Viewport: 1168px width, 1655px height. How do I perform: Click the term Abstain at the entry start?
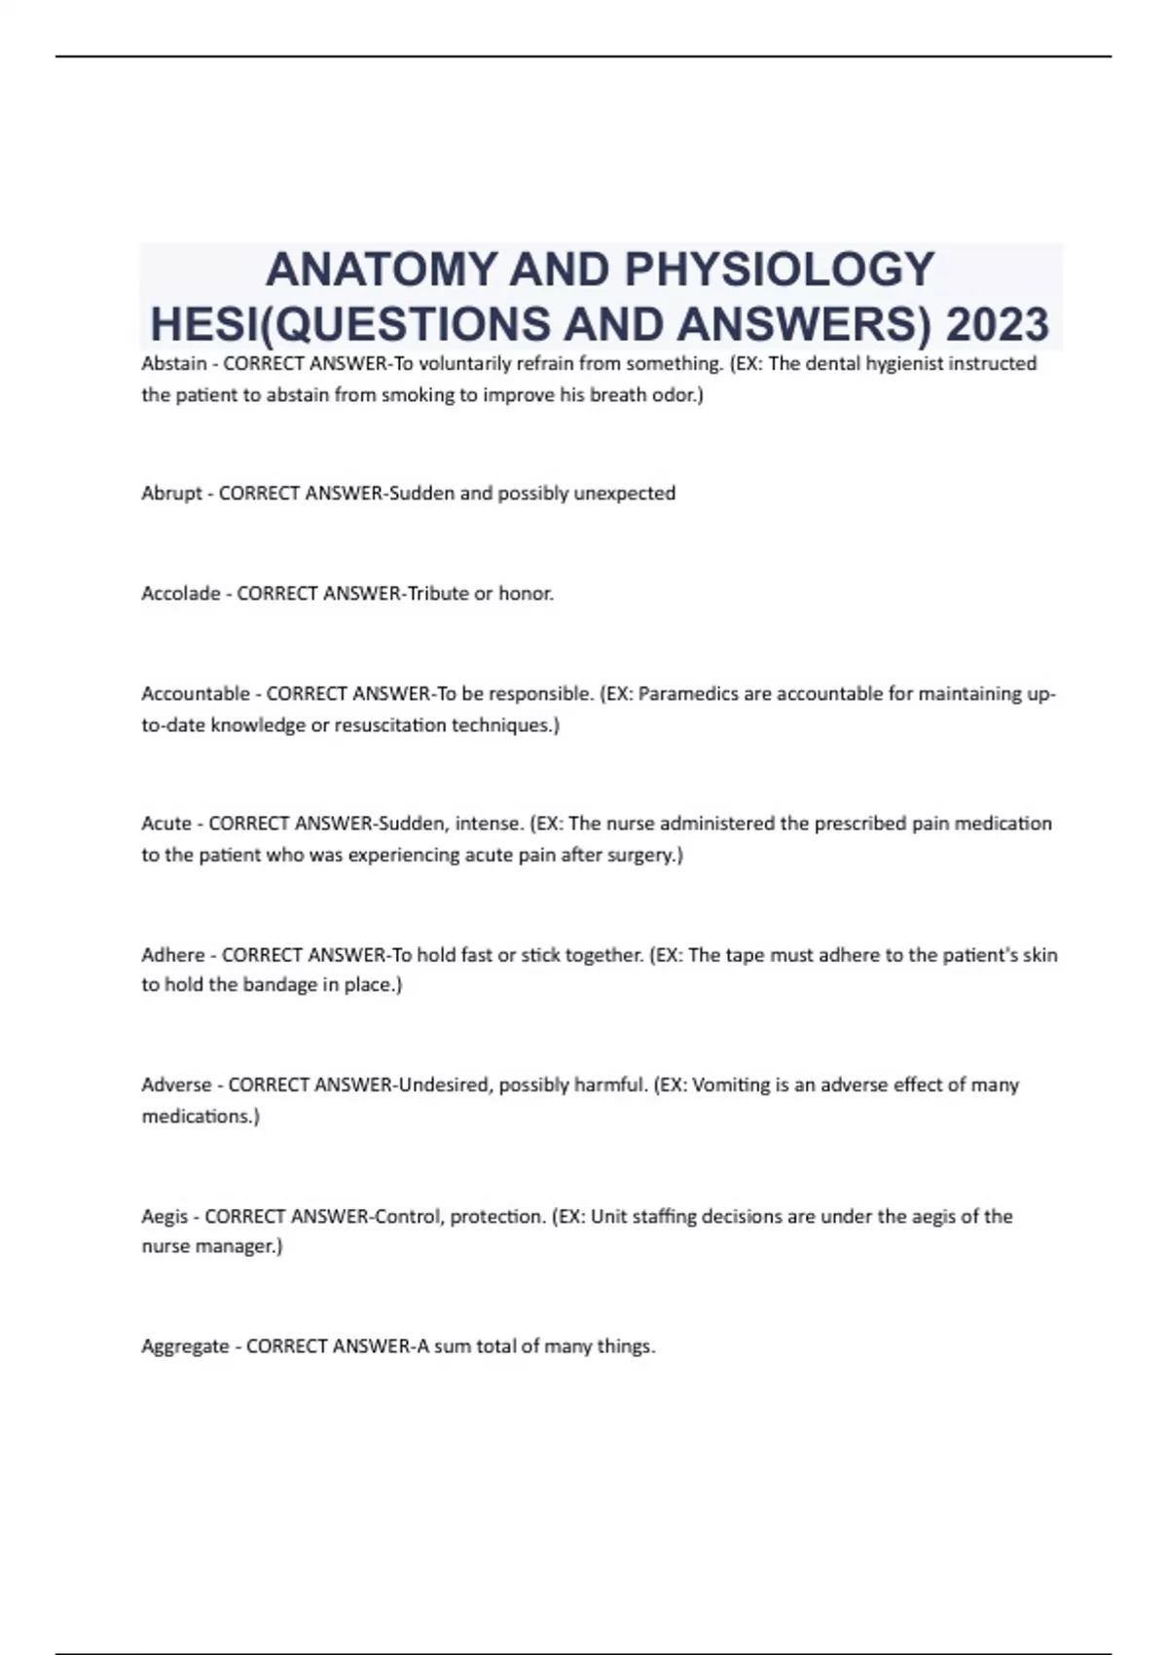tap(174, 364)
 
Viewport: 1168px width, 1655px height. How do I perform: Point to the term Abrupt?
tap(171, 494)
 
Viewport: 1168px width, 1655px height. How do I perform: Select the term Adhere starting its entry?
tap(173, 955)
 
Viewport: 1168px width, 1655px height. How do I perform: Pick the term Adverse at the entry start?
tap(176, 1085)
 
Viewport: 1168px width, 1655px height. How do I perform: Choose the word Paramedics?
tap(685, 694)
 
